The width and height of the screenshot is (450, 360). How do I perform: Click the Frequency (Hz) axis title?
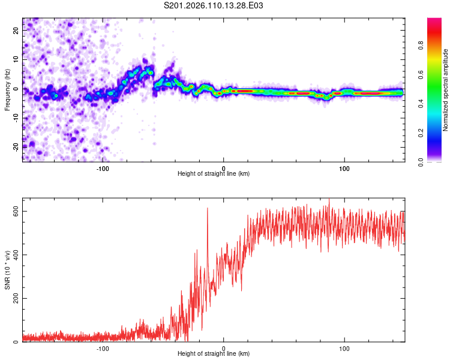pyautogui.click(x=8, y=89)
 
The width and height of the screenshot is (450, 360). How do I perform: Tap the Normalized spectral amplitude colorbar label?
pyautogui.click(x=446, y=90)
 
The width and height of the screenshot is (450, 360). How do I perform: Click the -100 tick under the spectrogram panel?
pyautogui.click(x=103, y=167)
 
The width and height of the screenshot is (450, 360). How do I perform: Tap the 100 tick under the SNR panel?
pyautogui.click(x=344, y=347)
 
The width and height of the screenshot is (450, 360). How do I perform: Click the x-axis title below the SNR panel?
pyautogui.click(x=214, y=355)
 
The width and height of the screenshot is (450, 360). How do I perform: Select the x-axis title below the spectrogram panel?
pyautogui.click(x=214, y=174)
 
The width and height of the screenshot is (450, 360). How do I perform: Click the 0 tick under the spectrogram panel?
pyautogui.click(x=223, y=167)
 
